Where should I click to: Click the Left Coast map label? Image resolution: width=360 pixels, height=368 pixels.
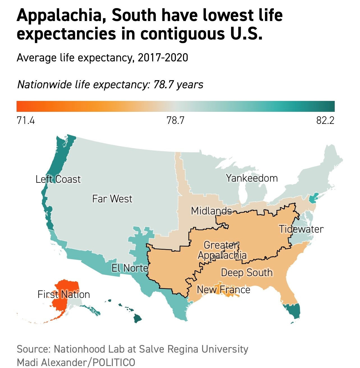pyautogui.click(x=58, y=179)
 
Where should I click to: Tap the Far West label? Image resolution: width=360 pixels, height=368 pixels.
pyautogui.click(x=112, y=199)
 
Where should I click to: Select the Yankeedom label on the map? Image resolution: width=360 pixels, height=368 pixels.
pyautogui.click(x=252, y=178)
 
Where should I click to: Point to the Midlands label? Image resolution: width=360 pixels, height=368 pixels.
pyautogui.click(x=211, y=210)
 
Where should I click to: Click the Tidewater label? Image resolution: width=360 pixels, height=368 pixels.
pyautogui.click(x=301, y=229)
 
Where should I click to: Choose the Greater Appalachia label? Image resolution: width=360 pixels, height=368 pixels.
pyautogui.click(x=222, y=250)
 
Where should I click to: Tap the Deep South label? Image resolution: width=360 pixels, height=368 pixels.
pyautogui.click(x=247, y=272)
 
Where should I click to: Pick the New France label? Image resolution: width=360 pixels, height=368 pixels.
pyautogui.click(x=223, y=290)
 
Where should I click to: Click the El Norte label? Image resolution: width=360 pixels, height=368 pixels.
pyautogui.click(x=130, y=268)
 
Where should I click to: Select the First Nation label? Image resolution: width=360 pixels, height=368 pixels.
pyautogui.click(x=64, y=294)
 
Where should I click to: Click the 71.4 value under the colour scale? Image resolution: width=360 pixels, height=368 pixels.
pyautogui.click(x=26, y=120)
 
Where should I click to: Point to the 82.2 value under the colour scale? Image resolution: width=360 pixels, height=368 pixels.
pyautogui.click(x=325, y=120)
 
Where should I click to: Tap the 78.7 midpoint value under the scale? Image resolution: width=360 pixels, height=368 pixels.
pyautogui.click(x=175, y=120)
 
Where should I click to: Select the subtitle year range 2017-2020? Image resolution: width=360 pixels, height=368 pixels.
pyautogui.click(x=163, y=58)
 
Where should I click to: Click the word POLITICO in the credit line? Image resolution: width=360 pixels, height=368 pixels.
pyautogui.click(x=114, y=362)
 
